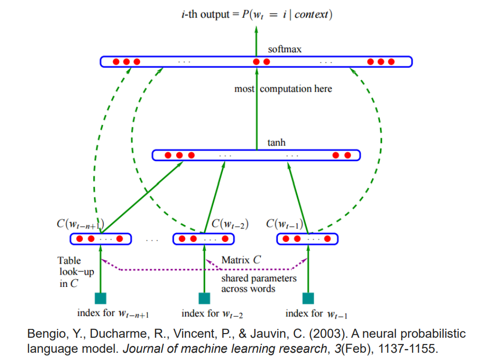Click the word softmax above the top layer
point(285,50)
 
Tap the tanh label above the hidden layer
point(276,142)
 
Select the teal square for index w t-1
point(308,298)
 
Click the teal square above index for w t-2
point(204,298)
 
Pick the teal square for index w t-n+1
point(100,298)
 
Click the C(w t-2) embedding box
point(203,239)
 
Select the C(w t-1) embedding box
point(307,239)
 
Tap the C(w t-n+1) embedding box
point(100,239)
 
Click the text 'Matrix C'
point(241,261)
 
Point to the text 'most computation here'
point(283,89)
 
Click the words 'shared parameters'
point(259,279)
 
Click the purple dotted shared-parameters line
point(202,269)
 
